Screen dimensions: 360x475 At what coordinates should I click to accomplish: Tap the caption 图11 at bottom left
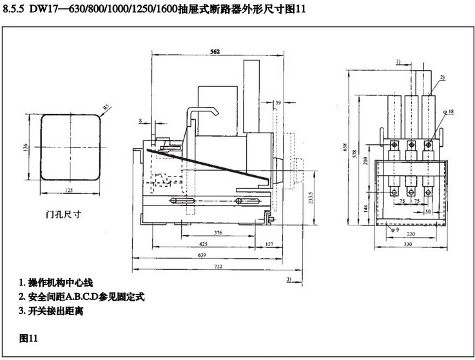[x=30, y=337]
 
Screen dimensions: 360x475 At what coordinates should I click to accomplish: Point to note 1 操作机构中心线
[x=57, y=283]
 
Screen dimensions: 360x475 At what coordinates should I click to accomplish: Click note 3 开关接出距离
[x=53, y=311]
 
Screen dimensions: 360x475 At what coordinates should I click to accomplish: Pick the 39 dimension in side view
[x=278, y=103]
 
